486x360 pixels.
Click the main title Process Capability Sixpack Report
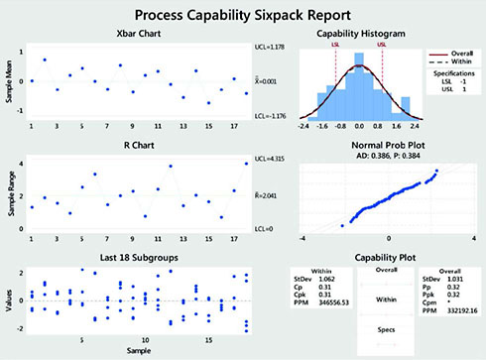tap(242, 16)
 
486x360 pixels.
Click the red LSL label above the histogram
tap(336, 45)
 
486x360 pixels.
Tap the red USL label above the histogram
tap(382, 45)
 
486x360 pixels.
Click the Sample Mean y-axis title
tap(8, 86)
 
